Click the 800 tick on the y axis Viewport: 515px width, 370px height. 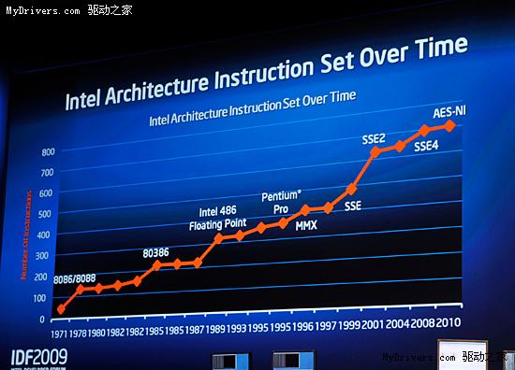pyautogui.click(x=49, y=151)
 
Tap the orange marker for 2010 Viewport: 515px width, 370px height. pyautogui.click(x=451, y=125)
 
